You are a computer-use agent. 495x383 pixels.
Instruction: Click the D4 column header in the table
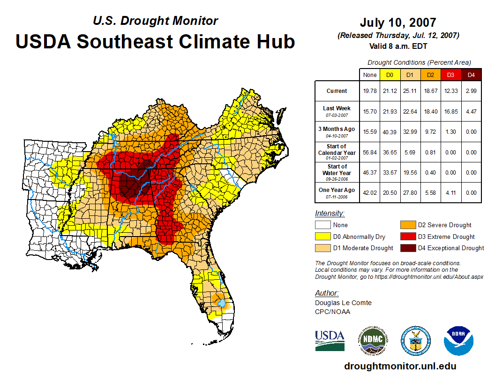(x=471, y=75)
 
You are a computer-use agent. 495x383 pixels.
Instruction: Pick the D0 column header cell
(x=389, y=75)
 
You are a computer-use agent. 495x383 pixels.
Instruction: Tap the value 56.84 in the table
(x=370, y=152)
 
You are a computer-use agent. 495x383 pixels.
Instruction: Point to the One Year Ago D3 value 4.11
(x=450, y=192)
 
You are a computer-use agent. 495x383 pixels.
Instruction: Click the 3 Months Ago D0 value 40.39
(x=389, y=131)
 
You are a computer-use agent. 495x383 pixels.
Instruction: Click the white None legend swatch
(x=323, y=225)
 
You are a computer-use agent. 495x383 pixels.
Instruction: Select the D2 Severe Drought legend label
(x=445, y=225)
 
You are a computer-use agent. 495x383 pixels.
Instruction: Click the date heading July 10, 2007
(x=398, y=23)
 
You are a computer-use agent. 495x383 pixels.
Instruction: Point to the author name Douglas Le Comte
(x=343, y=303)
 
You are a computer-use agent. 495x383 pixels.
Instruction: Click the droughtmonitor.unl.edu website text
(x=400, y=366)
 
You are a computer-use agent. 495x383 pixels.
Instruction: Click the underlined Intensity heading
(x=330, y=213)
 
